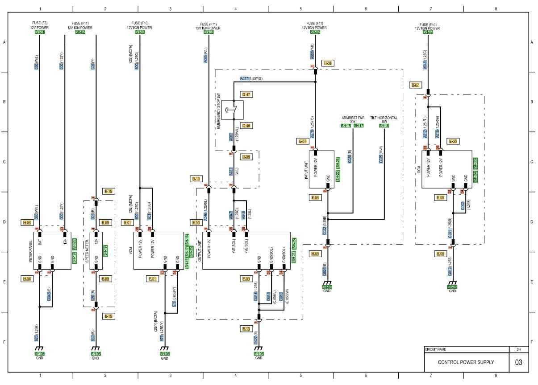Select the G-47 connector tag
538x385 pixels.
(x=246, y=94)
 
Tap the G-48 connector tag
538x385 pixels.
(x=246, y=126)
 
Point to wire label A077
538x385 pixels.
(x=244, y=78)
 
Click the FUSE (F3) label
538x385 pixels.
(x=40, y=23)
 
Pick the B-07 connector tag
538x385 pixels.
(x=415, y=85)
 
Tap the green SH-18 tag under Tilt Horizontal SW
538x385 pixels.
(x=384, y=126)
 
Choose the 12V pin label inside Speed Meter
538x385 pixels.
(x=96, y=242)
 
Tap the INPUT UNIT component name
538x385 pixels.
(x=306, y=169)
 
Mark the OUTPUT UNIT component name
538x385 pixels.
(x=199, y=250)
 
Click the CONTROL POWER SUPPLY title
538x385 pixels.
(x=466, y=362)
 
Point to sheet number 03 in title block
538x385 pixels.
(x=518, y=362)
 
